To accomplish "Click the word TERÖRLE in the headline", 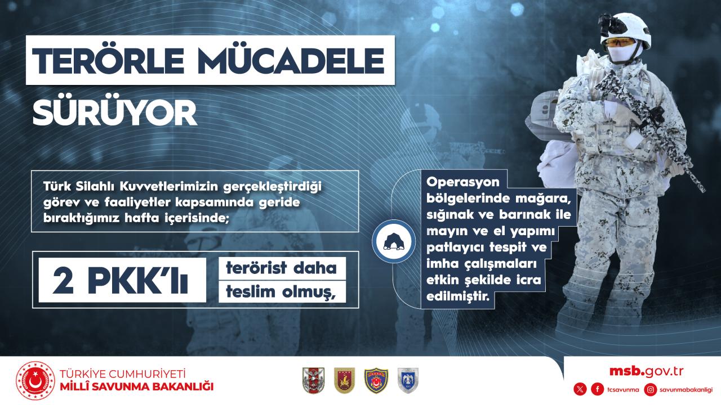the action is coord(108,61).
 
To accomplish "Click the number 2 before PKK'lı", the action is coord(63,281).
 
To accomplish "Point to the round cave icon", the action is coord(394,241).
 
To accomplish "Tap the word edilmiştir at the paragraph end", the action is coord(458,296).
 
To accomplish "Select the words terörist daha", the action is coord(281,268).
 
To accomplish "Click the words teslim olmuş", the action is coord(281,292).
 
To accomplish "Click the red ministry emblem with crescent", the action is coord(35,381).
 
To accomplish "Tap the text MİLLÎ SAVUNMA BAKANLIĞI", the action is coord(136,386).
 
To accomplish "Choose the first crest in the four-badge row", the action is coord(314,381).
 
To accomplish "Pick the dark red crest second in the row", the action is coord(344,381).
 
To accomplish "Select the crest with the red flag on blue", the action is coord(376,381).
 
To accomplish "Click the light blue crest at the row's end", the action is coord(408,381).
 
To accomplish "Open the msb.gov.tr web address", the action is coord(646,372).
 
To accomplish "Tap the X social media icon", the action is coord(580,390).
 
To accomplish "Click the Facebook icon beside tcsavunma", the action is coord(598,390).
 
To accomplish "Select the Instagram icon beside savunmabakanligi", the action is coord(651,390).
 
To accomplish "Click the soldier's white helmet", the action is coord(625,30).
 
